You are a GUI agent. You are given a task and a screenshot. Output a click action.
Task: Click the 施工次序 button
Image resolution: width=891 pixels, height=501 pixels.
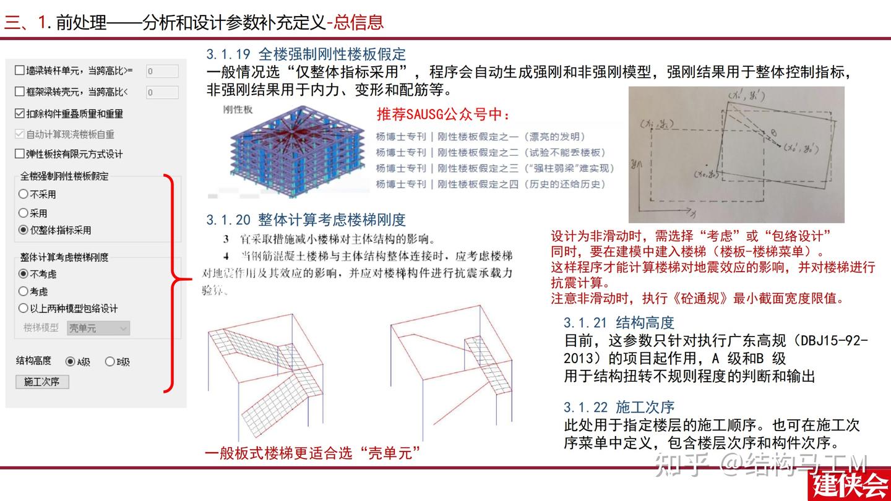click(x=41, y=382)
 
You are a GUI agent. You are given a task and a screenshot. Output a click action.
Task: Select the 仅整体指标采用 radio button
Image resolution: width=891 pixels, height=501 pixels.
click(x=24, y=230)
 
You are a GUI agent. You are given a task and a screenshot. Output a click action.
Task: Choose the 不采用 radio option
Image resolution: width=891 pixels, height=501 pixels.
click(x=24, y=194)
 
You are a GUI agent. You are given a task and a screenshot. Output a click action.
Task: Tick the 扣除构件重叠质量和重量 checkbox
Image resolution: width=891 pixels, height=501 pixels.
click(x=20, y=114)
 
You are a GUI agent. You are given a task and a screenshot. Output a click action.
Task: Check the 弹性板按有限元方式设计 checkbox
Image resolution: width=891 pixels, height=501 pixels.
click(x=20, y=154)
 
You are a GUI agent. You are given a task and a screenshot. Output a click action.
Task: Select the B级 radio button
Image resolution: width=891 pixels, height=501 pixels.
click(x=110, y=362)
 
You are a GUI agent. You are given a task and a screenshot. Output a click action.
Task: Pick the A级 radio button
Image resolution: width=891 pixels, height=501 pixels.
click(x=70, y=362)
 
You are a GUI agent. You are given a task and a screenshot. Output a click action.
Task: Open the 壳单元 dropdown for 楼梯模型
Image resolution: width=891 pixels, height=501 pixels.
click(x=98, y=328)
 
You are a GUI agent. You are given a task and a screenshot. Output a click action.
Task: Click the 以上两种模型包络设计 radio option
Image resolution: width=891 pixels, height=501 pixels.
click(x=24, y=308)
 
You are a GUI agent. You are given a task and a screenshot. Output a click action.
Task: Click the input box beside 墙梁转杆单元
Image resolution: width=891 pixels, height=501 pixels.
click(x=162, y=71)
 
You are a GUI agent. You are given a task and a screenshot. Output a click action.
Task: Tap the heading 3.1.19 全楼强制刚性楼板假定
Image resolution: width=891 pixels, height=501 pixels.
click(x=306, y=54)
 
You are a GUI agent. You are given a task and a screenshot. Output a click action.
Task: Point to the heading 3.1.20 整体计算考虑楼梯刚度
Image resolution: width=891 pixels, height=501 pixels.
click(x=306, y=220)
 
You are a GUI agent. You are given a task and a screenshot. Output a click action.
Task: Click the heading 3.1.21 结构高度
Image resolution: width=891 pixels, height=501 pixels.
click(x=618, y=322)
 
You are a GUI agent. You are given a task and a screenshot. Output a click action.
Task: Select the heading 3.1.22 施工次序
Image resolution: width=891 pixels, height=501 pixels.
click(x=618, y=407)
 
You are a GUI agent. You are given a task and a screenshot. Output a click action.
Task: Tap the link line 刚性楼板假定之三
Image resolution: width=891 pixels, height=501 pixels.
click(x=495, y=168)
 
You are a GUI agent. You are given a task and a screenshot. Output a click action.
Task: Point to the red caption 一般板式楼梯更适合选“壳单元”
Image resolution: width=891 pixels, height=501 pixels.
click(x=312, y=453)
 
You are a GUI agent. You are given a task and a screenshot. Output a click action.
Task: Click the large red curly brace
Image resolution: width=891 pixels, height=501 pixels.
click(x=176, y=283)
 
